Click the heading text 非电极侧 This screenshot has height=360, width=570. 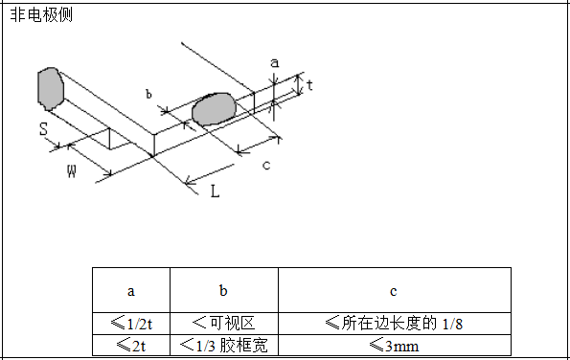click(x=40, y=15)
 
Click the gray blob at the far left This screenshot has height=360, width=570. click(x=50, y=86)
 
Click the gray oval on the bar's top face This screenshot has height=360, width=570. click(x=214, y=108)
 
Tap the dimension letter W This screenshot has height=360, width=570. click(x=72, y=171)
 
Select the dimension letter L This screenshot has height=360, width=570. click(x=215, y=191)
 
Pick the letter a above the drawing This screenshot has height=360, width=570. click(x=275, y=62)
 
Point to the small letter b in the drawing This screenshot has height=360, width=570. click(x=148, y=94)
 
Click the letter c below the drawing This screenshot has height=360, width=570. click(x=265, y=166)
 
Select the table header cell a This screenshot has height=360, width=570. click(x=131, y=291)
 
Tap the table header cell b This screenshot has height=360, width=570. click(x=223, y=291)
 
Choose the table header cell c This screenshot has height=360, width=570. click(x=394, y=291)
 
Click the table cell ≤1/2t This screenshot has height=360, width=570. click(x=131, y=323)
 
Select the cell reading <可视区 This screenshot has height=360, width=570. click(x=223, y=323)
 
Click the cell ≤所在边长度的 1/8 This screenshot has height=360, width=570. click(x=394, y=323)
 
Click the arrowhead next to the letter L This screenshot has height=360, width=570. click(x=190, y=179)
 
